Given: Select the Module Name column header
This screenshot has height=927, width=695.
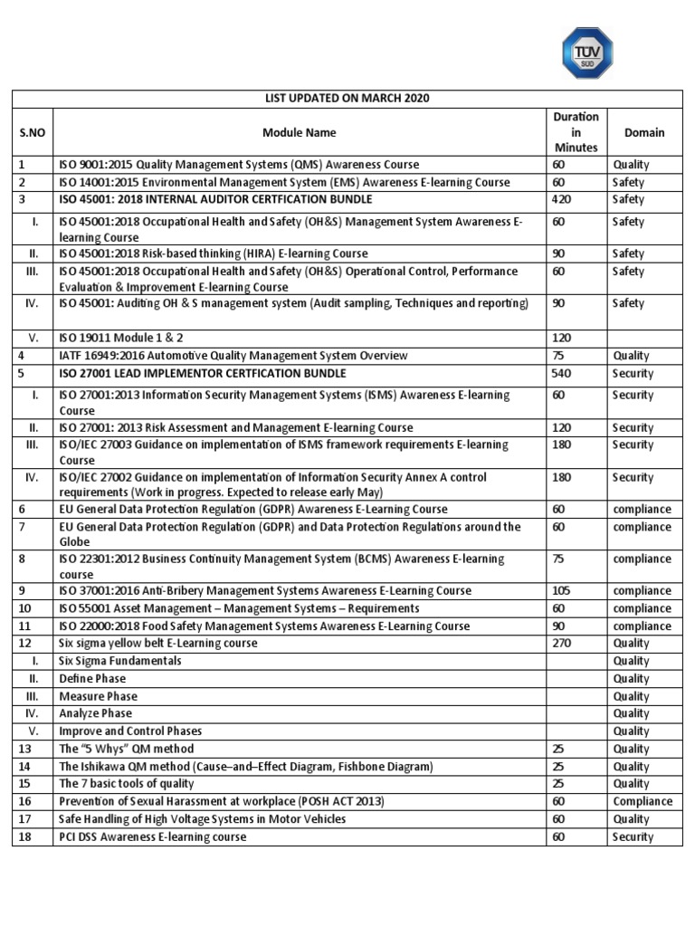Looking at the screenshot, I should [x=299, y=132].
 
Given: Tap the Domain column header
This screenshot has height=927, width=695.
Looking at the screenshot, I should [x=643, y=132].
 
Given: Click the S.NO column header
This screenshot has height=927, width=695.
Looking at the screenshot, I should [x=33, y=132].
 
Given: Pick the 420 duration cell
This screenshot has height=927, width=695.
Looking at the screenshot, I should [x=562, y=199].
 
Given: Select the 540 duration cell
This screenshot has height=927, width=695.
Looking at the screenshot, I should [x=562, y=373].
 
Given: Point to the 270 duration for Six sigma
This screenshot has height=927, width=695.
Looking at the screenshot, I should [x=562, y=644].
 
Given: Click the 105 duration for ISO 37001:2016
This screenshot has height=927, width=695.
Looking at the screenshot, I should [x=562, y=591].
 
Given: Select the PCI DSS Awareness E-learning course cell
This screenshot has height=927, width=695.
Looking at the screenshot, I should [x=152, y=836].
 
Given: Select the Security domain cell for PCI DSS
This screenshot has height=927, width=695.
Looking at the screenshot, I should [x=633, y=836].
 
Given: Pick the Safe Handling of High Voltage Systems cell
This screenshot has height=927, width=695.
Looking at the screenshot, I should [x=202, y=819].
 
